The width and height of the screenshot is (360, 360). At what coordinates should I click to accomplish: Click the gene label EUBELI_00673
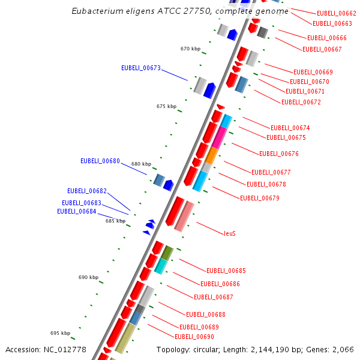[141, 68]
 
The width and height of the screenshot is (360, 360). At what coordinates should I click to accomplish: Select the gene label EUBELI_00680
[100, 161]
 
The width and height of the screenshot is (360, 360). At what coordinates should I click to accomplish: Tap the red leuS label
[230, 233]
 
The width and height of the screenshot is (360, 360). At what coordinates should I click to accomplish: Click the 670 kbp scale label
[190, 49]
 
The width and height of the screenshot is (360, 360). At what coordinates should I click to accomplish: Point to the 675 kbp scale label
[166, 107]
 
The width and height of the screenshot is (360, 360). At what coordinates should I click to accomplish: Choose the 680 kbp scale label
[141, 164]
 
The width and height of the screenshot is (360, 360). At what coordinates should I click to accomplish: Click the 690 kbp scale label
[88, 278]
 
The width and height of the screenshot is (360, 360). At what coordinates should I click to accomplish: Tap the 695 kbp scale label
[60, 333]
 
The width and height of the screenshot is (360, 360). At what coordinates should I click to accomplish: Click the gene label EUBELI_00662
[337, 13]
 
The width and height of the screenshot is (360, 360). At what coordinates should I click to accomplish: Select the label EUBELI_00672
[301, 102]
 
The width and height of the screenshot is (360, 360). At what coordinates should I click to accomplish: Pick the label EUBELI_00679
[260, 198]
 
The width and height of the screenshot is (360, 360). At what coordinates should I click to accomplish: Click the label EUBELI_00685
[226, 271]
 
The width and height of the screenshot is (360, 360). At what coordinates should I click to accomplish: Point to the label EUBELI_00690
[194, 337]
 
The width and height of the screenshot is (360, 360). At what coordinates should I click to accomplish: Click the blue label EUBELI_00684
[77, 211]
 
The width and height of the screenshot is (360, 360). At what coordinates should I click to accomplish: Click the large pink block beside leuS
[184, 217]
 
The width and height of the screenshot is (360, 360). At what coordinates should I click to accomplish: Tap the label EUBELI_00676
[279, 154]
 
